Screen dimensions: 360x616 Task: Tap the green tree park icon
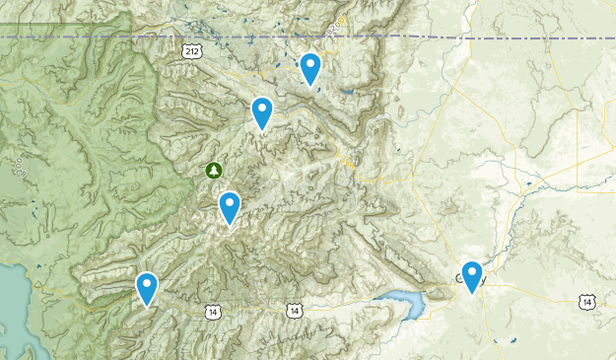tap(214, 170)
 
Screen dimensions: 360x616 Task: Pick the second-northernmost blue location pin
tap(261, 112)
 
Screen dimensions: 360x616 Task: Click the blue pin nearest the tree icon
tap(230, 207)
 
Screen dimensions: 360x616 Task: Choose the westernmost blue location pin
tap(147, 288)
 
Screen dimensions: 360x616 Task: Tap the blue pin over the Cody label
tap(472, 276)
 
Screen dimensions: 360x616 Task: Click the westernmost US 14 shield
tap(213, 312)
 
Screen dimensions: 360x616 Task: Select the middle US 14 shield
tap(295, 311)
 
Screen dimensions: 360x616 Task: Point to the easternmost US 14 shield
tap(587, 302)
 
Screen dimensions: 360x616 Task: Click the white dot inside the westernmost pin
tap(147, 284)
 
